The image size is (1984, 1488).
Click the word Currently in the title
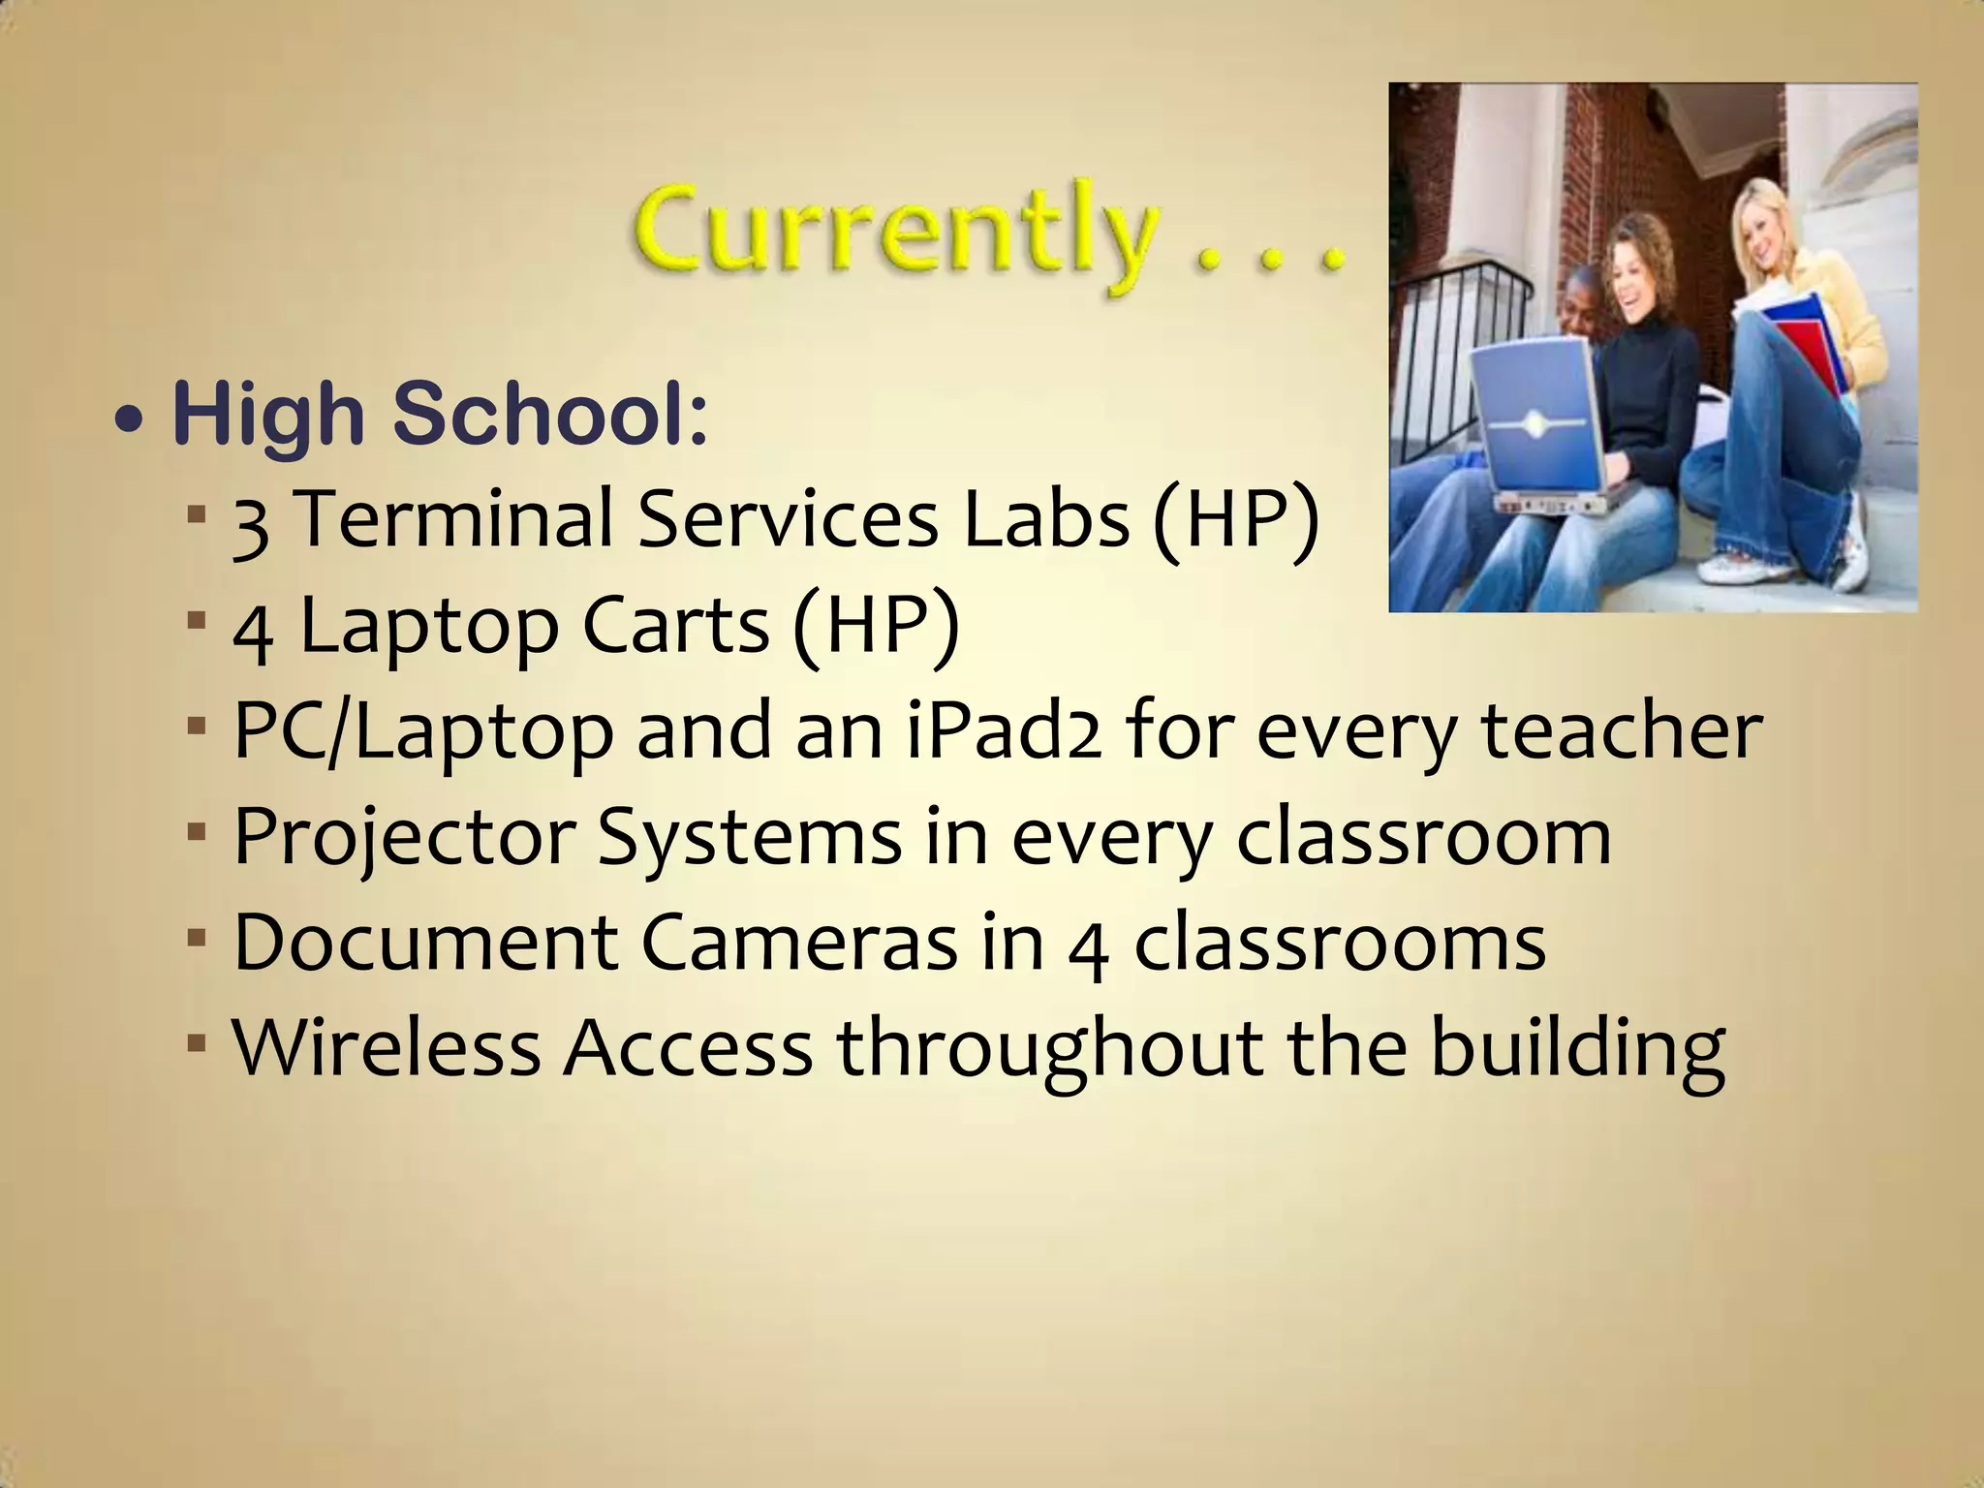[896, 234]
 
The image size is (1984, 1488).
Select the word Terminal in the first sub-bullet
[454, 519]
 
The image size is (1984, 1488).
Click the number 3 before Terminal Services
[251, 523]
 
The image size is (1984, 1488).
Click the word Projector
[405, 837]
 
